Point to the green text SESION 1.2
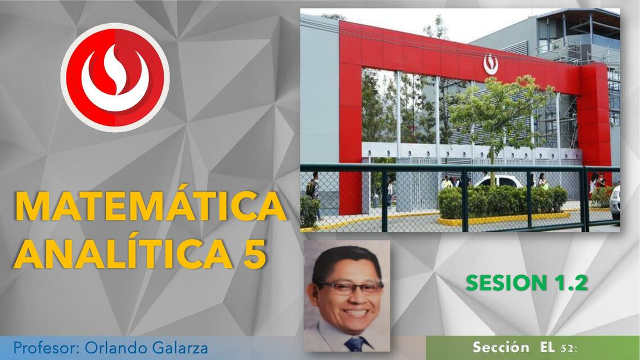pos(526,283)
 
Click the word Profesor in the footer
pos(47,348)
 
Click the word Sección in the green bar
pos(501,346)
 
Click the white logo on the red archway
pos(490,64)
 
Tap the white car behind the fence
pos(498,181)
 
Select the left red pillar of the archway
pos(350,124)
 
